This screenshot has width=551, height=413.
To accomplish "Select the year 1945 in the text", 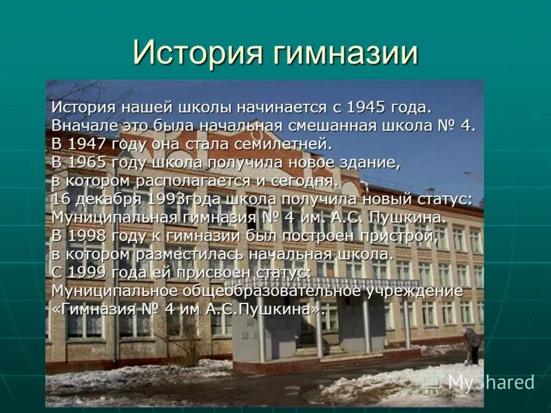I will click(365, 108).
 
